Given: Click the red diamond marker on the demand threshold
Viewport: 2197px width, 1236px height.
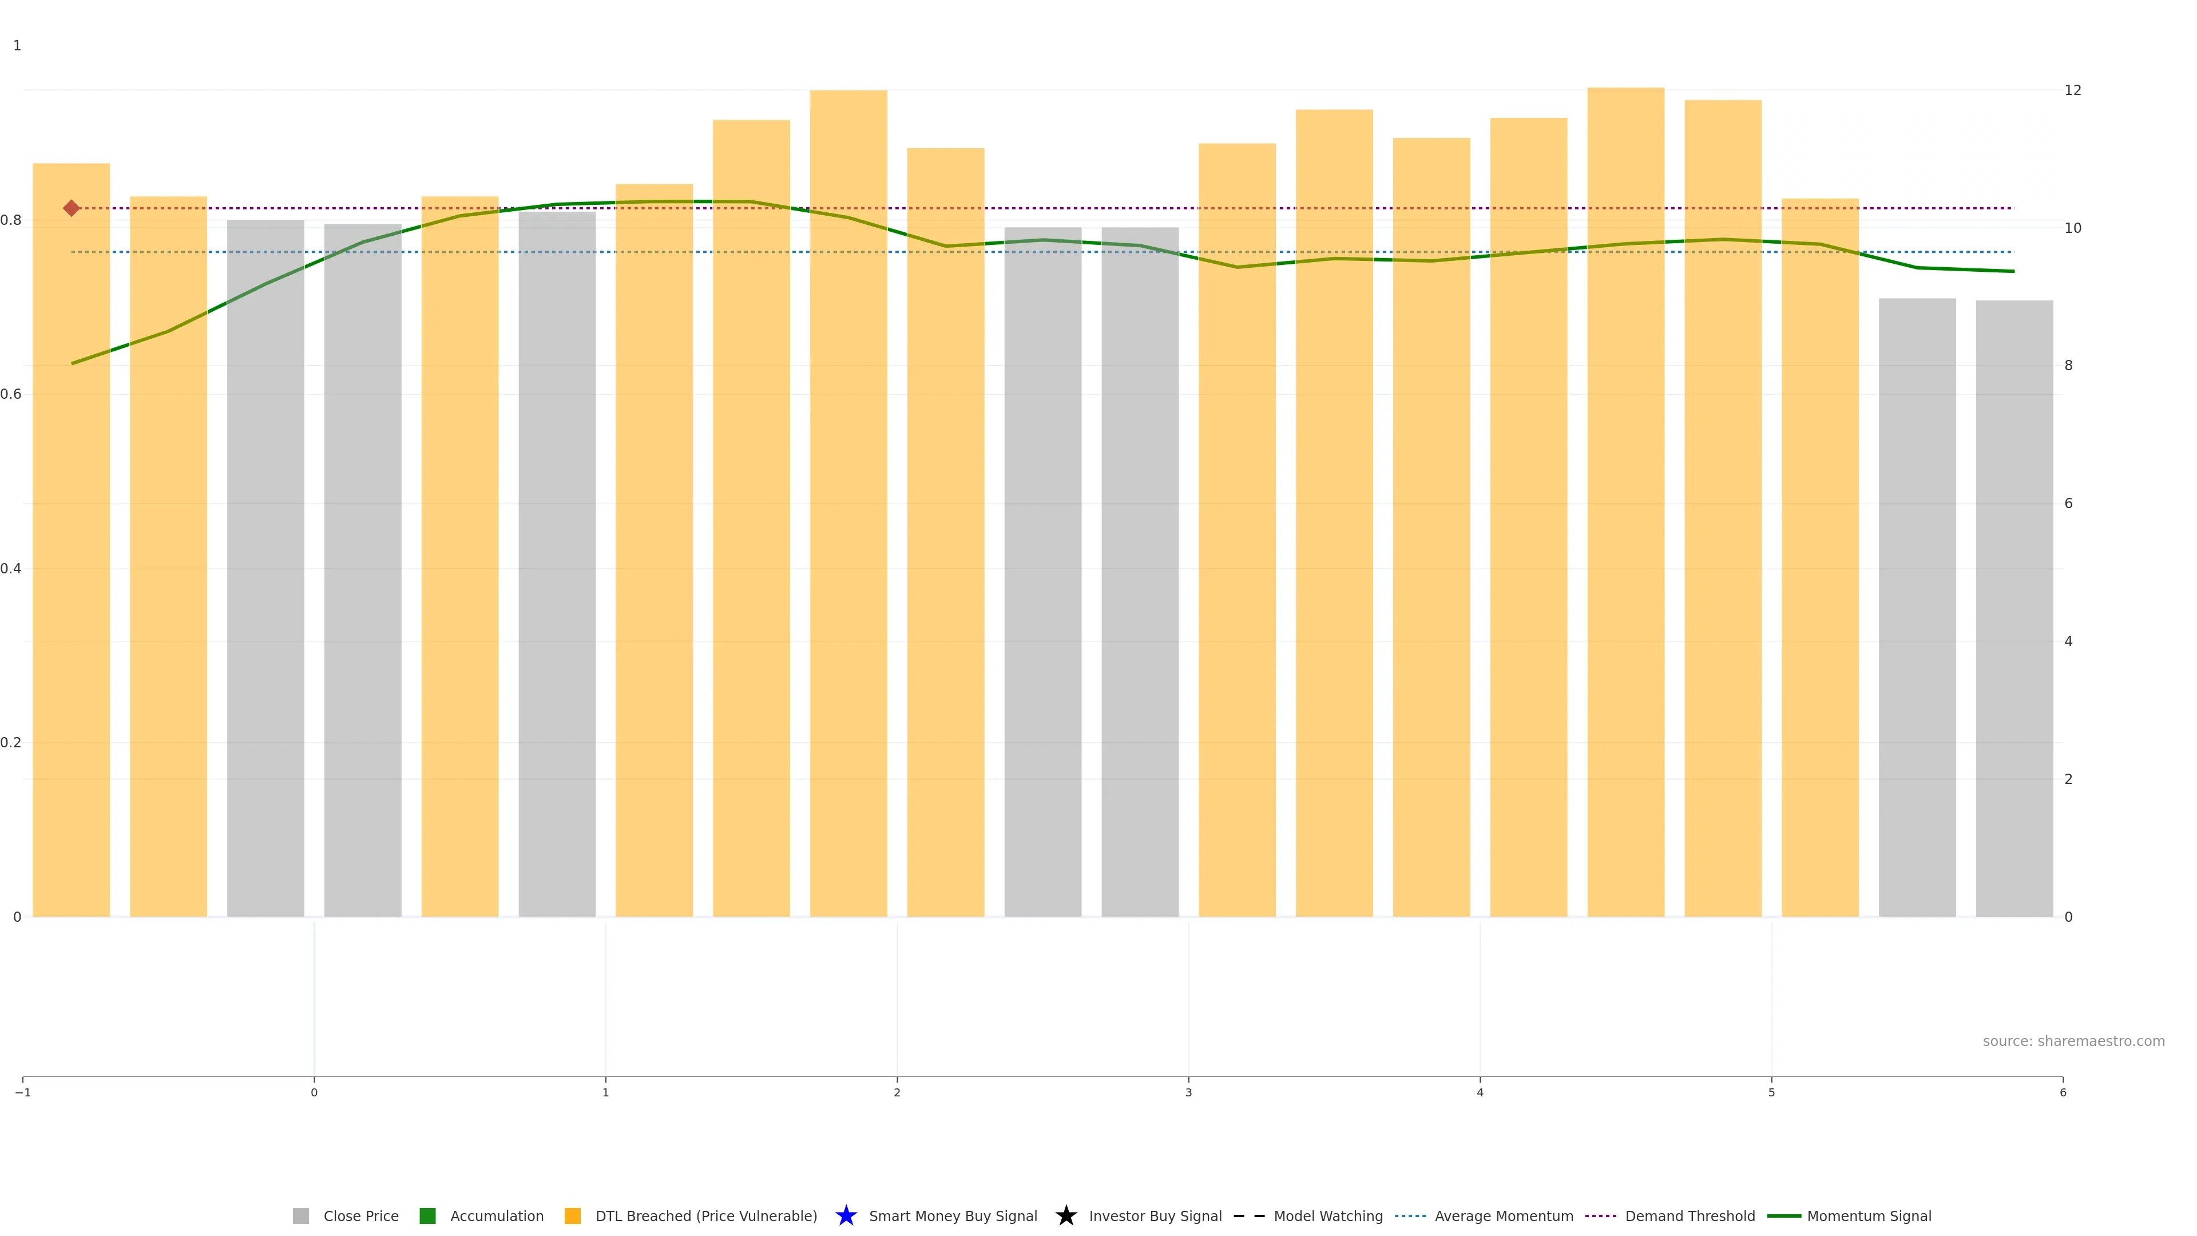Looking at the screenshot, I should [72, 208].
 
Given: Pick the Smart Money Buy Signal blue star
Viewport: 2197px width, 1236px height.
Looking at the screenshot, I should [846, 1215].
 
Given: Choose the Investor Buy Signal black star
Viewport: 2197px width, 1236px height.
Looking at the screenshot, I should [1066, 1215].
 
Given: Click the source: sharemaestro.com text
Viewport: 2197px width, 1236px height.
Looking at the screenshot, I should [2073, 1041].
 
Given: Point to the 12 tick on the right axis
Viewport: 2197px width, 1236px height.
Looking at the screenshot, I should [2072, 90].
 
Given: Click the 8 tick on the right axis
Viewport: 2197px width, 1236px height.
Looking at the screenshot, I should [2068, 366].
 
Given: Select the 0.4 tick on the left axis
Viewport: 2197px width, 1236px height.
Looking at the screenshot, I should [11, 568].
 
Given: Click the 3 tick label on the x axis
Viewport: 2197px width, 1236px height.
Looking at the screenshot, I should [1188, 1093].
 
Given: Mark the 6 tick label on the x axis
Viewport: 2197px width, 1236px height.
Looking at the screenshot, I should [2062, 1093].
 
